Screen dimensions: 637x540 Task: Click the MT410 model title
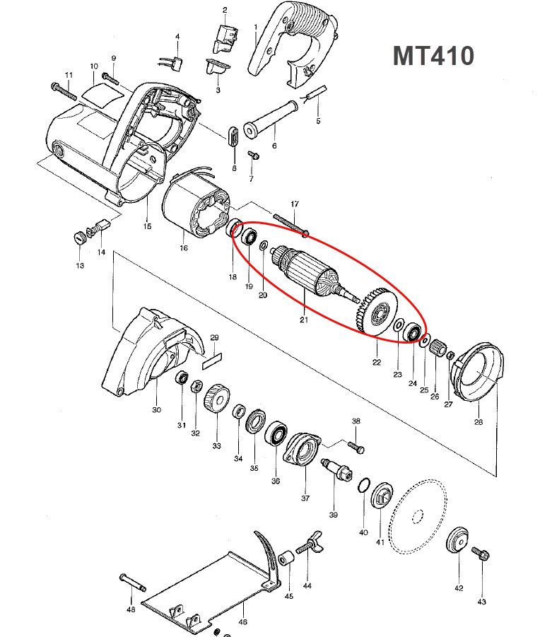click(433, 55)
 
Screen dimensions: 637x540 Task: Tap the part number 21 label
click(305, 320)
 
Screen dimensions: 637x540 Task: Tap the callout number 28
click(479, 422)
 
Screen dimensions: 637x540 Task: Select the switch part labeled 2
click(225, 36)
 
